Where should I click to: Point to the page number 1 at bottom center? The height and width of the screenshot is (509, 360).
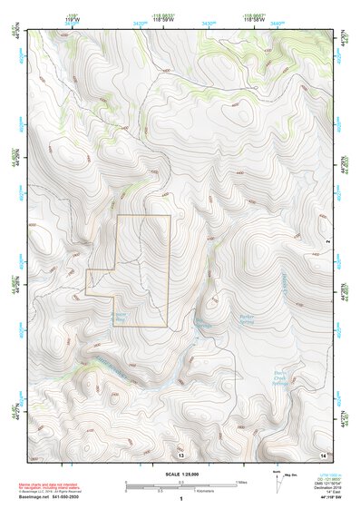[181, 501]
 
